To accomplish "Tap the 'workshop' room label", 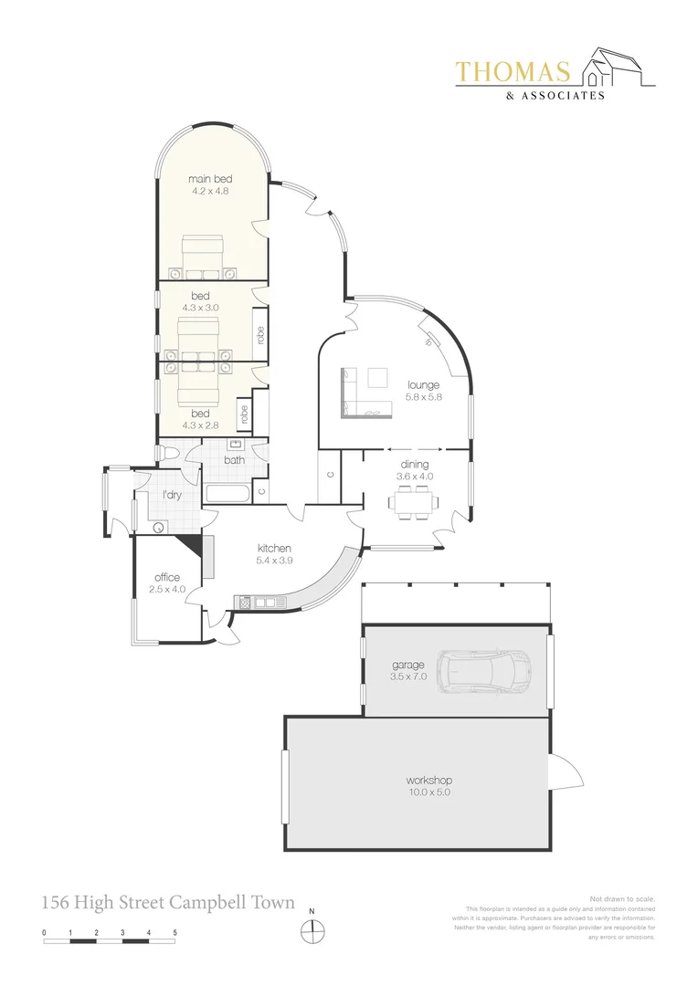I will (x=428, y=781).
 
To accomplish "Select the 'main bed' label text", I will (x=209, y=178).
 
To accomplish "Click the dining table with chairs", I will (x=413, y=502).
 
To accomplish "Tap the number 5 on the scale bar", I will (x=174, y=932).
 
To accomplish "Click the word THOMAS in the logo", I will (x=513, y=72).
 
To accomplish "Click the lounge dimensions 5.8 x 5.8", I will (x=424, y=397).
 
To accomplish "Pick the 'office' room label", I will (x=167, y=577).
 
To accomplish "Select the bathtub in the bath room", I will (x=227, y=493).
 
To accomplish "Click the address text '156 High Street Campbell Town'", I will (x=168, y=903).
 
